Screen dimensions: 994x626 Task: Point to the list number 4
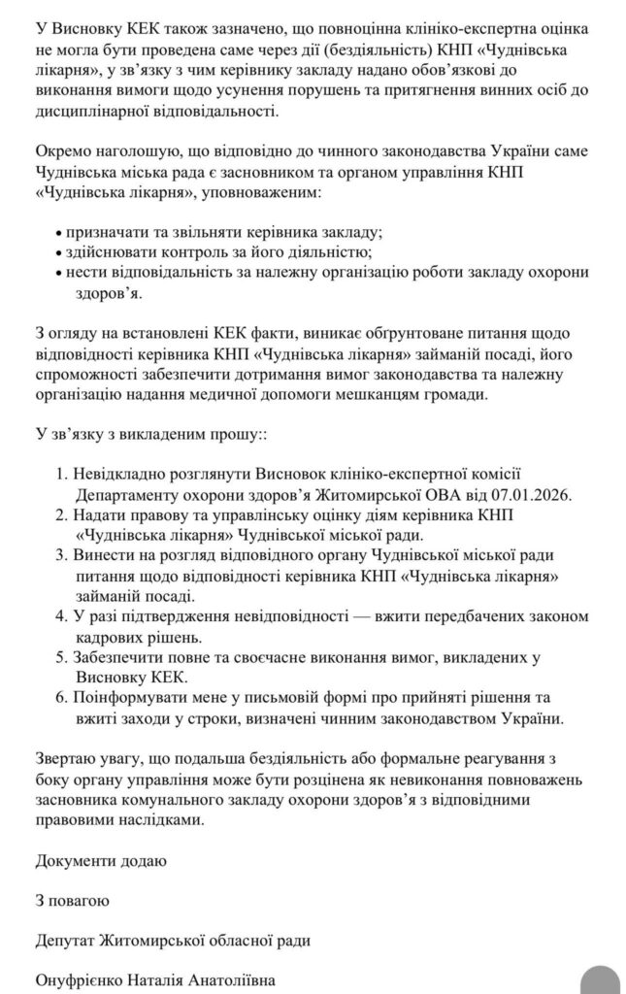60,615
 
